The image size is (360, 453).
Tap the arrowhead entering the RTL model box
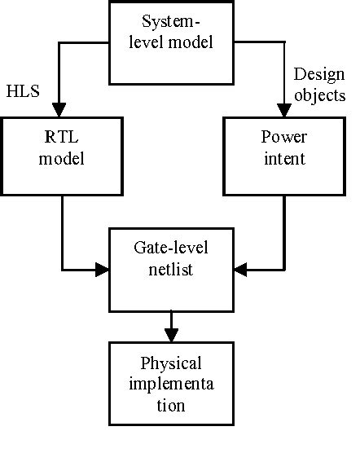point(58,109)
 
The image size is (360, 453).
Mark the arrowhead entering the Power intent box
point(284,109)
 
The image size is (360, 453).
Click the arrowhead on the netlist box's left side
point(102,269)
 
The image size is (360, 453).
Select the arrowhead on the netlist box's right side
point(241,269)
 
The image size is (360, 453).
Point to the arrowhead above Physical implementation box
point(171,334)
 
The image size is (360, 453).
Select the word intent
point(284,159)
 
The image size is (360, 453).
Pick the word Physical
point(171,363)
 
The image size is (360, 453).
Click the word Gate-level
point(171,245)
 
